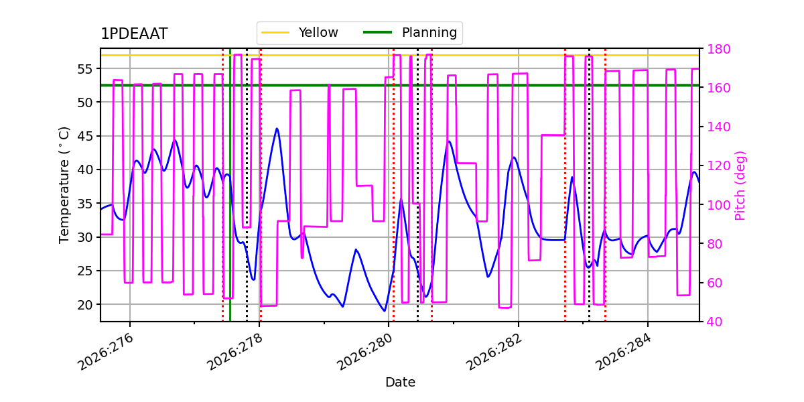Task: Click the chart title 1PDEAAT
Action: [x=134, y=33]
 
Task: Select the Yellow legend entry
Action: [x=299, y=32]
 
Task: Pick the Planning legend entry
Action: [x=410, y=32]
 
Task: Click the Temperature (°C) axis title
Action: [x=64, y=185]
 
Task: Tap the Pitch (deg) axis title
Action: [x=740, y=186]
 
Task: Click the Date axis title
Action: [x=400, y=383]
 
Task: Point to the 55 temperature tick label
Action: [x=84, y=69]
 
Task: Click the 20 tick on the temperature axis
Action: [x=84, y=305]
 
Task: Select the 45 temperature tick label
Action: [x=84, y=137]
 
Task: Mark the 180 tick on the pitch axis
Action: [x=718, y=49]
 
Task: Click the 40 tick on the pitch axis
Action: [x=715, y=322]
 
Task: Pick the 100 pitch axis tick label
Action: [x=718, y=205]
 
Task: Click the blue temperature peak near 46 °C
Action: [x=277, y=129]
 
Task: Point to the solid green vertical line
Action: [x=230, y=185]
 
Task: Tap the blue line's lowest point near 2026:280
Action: [x=385, y=311]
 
